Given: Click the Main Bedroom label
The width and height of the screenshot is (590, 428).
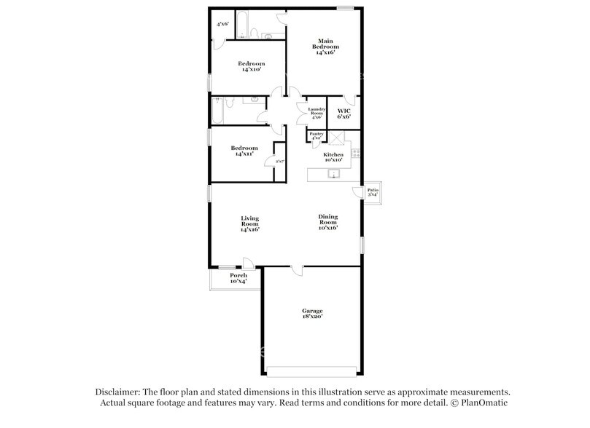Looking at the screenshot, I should (327, 47).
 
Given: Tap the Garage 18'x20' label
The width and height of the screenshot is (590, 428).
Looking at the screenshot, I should (312, 314).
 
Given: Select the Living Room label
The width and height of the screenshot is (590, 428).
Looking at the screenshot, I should (250, 223).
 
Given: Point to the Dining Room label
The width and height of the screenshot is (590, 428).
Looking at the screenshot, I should (327, 221).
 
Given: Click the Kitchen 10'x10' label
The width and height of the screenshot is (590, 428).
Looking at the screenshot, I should (333, 156).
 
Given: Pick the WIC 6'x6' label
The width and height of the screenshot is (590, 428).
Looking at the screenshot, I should (343, 114).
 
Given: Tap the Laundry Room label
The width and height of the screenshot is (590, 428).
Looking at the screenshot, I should (317, 113).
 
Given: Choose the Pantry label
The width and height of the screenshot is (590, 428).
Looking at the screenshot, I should (317, 135).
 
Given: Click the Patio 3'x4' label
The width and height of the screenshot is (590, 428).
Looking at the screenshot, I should (373, 192).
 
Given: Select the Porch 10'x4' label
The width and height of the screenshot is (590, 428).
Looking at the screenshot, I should (238, 278).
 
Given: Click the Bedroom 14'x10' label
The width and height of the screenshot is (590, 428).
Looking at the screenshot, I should (249, 66).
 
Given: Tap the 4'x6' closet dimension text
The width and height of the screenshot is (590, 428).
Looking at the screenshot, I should (223, 24).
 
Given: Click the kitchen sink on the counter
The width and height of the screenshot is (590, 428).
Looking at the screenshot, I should (332, 174).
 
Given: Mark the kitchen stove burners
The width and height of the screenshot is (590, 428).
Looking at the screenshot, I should (356, 154).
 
